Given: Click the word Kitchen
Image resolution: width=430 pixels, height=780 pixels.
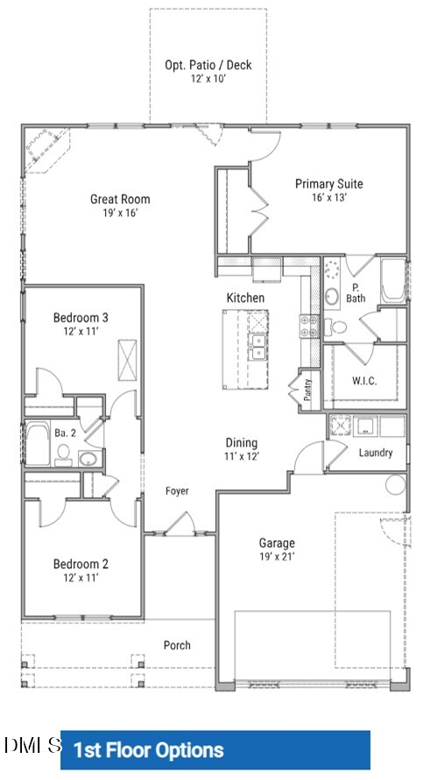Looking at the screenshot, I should (245, 298).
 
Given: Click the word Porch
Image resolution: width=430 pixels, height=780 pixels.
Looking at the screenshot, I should (177, 646).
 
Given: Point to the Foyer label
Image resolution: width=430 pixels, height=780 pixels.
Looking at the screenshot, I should (177, 491).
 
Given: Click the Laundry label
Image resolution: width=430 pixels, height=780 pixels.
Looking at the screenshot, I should (376, 453).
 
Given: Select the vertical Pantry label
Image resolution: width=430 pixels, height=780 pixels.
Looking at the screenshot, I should (307, 388).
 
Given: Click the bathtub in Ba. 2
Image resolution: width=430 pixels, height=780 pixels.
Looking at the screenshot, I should (38, 445).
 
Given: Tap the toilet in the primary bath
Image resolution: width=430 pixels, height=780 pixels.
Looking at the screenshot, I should (337, 327).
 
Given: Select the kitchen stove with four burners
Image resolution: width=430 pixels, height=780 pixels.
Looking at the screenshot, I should (309, 327).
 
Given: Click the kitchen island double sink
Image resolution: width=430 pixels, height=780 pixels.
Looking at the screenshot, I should (258, 347).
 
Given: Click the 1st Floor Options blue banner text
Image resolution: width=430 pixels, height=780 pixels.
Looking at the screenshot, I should (148, 750).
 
